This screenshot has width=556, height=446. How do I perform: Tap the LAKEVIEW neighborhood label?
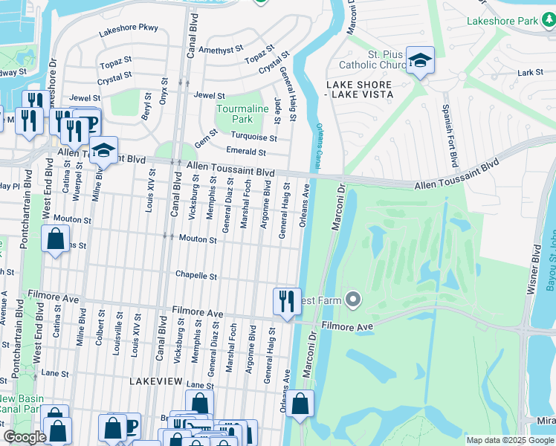pos(155,380)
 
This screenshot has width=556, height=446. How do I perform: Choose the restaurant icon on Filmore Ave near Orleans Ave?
pos(287,302)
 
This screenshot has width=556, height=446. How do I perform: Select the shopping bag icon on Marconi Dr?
pos(300,404)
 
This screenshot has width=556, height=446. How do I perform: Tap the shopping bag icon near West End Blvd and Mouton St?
pos(55,240)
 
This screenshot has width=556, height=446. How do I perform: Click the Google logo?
pos(25,437)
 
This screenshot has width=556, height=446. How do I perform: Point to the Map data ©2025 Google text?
pos(510,440)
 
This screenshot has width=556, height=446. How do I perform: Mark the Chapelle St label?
pos(195,276)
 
